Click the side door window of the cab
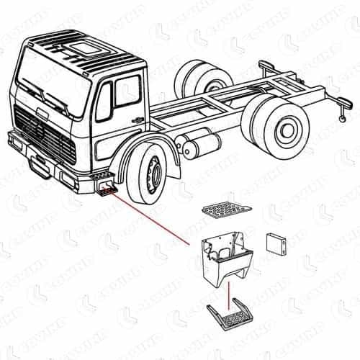click(x=128, y=91)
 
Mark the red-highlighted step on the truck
click(x=107, y=189)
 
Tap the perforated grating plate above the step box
click(x=227, y=209)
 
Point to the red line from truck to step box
click(x=155, y=220)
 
